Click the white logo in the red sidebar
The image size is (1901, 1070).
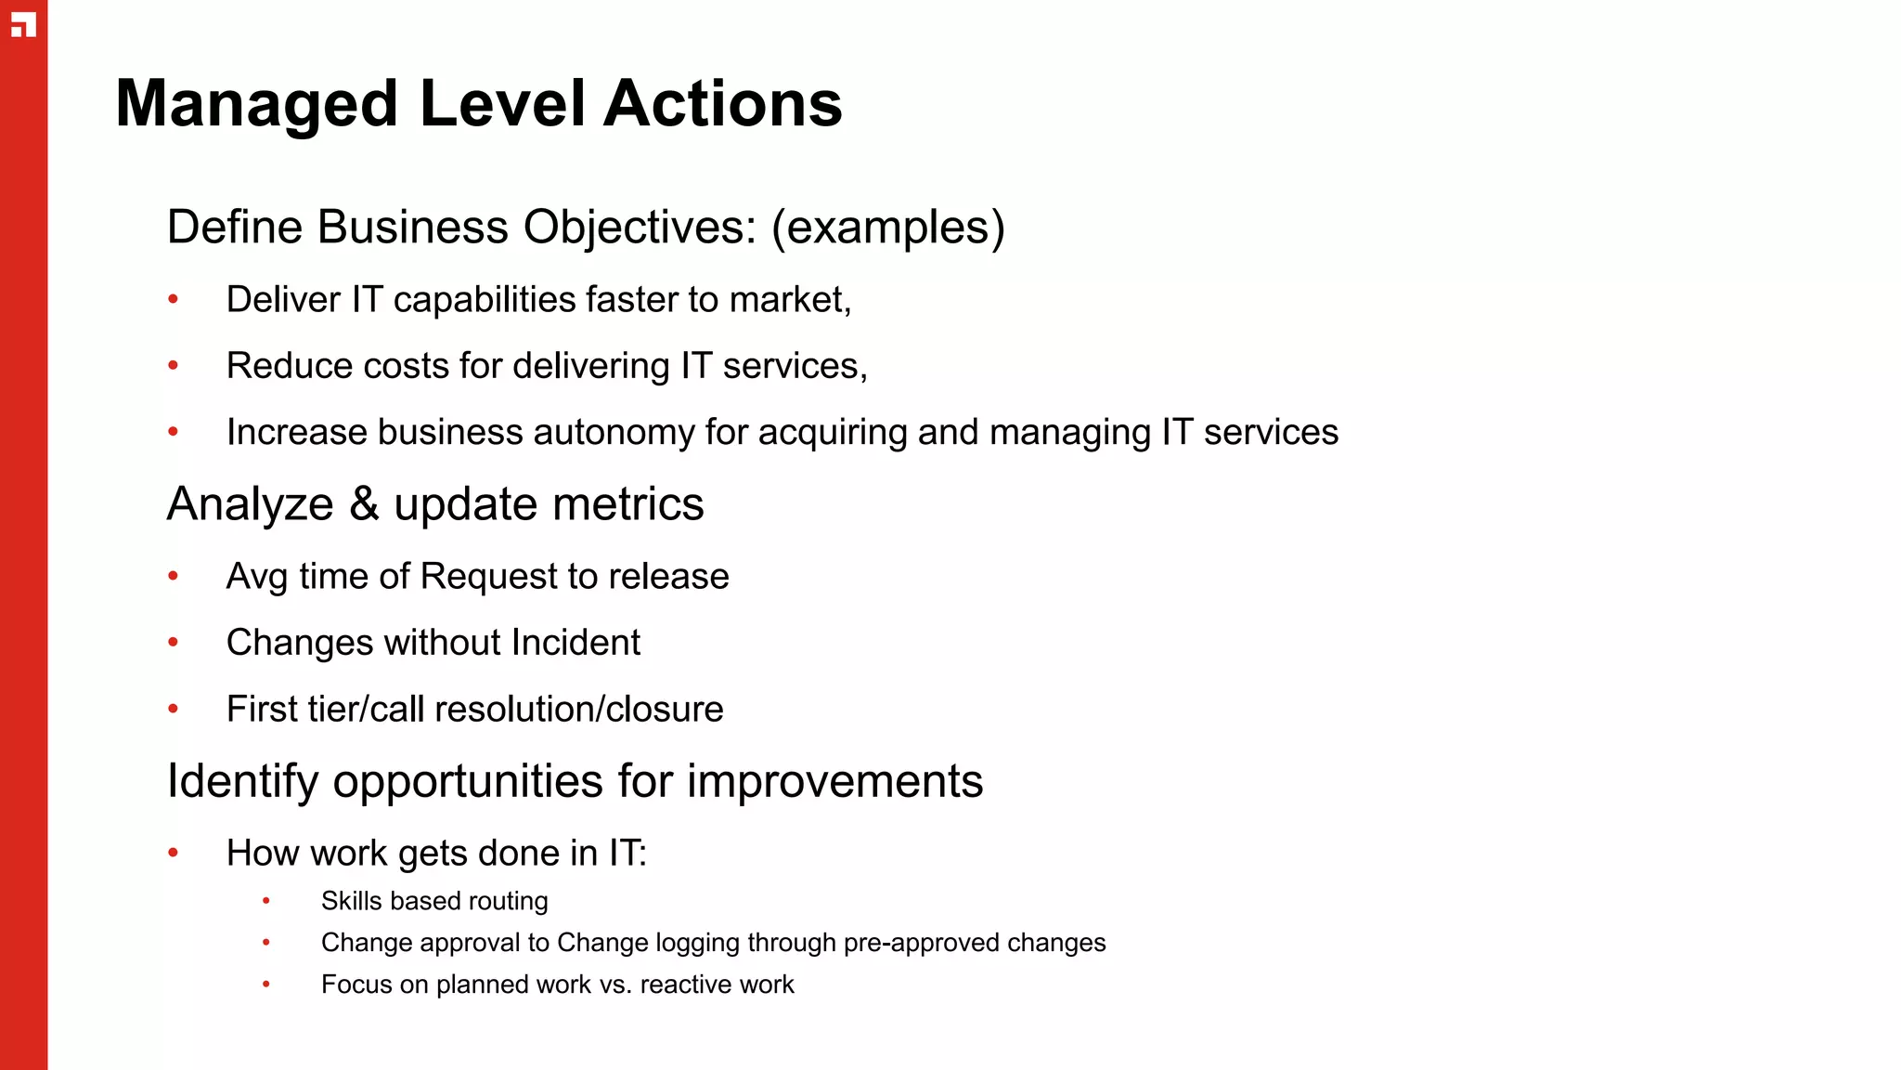(x=23, y=25)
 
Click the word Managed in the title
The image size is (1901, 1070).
(x=257, y=104)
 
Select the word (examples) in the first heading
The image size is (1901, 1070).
(x=888, y=228)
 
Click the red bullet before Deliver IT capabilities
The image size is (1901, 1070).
(x=173, y=299)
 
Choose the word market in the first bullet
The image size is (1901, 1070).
(x=789, y=300)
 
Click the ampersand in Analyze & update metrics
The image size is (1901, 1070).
(x=364, y=504)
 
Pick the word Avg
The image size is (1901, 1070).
(x=257, y=577)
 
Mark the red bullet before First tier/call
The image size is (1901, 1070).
(x=173, y=709)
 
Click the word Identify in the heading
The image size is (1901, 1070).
(x=243, y=781)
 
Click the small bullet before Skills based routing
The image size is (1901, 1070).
(x=266, y=901)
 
